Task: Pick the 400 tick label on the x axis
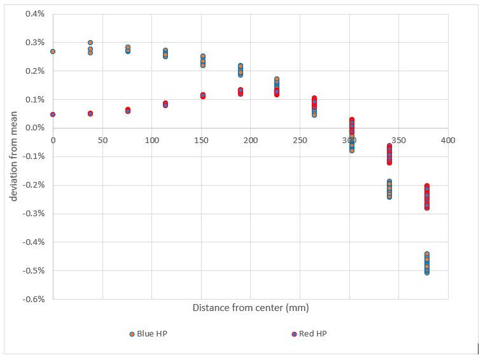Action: (x=448, y=140)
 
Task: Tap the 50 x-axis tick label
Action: (x=102, y=140)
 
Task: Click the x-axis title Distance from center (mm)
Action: (x=250, y=308)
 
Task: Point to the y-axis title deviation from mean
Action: (x=14, y=156)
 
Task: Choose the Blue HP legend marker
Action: (x=132, y=334)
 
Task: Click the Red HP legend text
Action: (x=313, y=334)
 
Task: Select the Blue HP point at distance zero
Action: (x=53, y=52)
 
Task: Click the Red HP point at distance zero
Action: (x=53, y=114)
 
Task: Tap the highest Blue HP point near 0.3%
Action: (x=90, y=43)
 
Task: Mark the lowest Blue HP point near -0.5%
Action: (x=426, y=272)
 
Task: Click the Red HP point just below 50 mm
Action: (x=90, y=113)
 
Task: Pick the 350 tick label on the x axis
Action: (x=399, y=140)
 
